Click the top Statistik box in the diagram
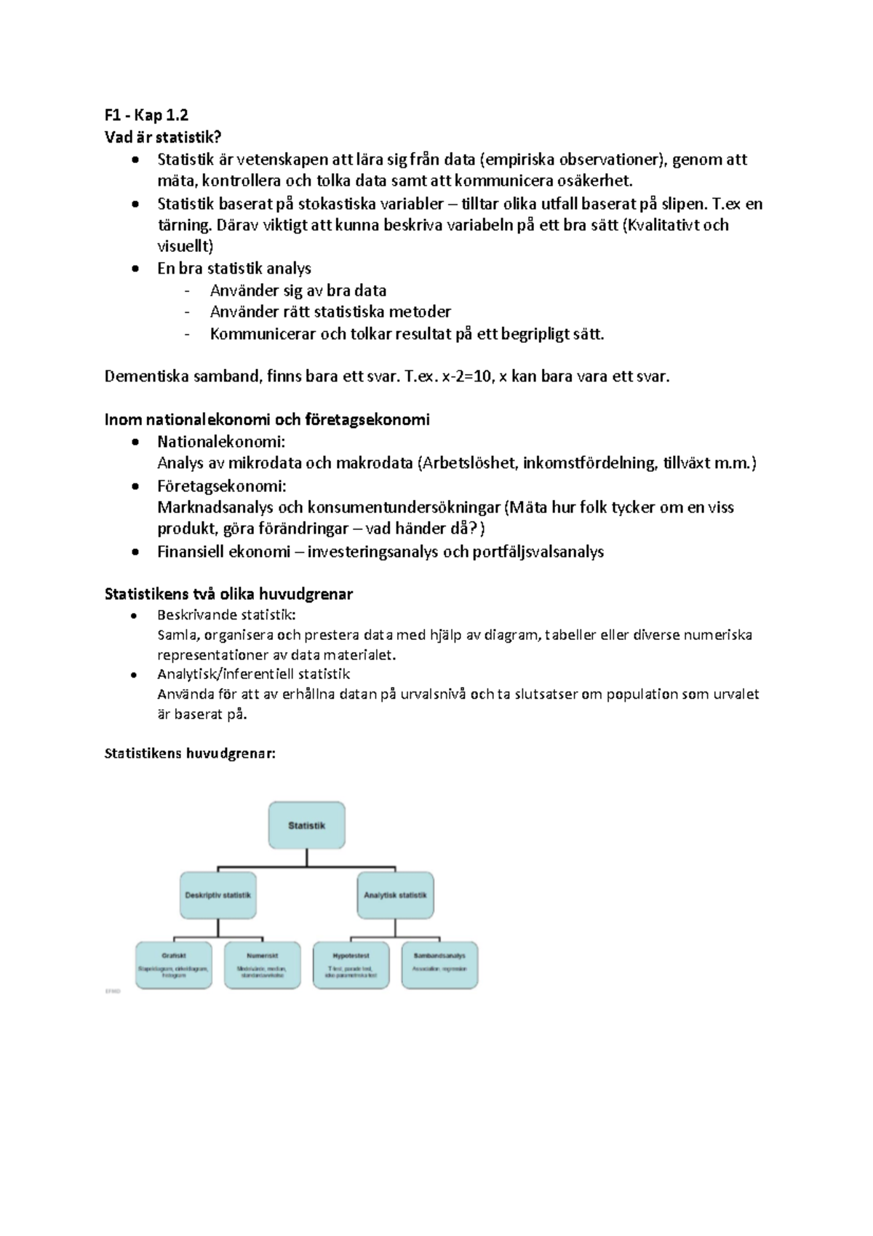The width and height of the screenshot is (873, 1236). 306,825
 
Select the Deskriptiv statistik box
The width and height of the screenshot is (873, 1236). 218,895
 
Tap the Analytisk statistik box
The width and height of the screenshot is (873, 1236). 396,895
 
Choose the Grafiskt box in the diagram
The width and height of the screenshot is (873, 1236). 175,965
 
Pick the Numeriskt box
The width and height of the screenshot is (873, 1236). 263,965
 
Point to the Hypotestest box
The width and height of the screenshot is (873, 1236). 351,965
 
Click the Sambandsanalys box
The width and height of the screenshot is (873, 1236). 439,965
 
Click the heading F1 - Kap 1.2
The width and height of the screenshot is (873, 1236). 146,115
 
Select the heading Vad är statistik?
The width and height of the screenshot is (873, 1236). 162,137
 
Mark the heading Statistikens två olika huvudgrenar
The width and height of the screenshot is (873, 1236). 228,594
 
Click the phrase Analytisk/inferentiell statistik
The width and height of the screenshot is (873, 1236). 254,674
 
